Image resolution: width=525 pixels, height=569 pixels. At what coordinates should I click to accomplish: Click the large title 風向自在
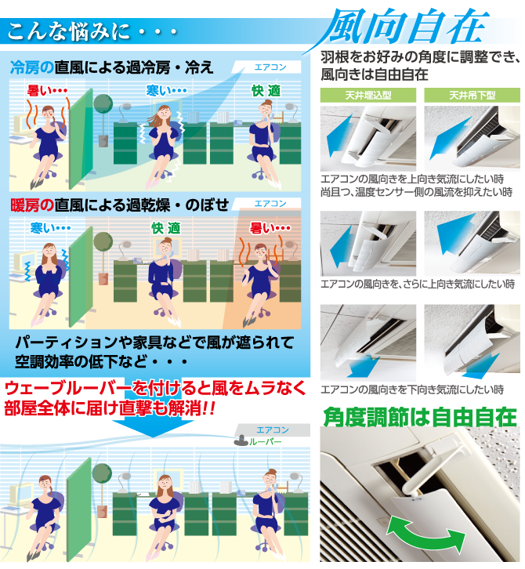(407, 29)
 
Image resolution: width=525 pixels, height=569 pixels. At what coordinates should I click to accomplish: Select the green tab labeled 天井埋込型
(367, 96)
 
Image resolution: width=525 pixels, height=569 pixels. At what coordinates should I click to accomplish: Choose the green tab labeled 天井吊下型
(472, 96)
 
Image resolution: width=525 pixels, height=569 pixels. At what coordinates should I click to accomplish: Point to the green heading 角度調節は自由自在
(420, 416)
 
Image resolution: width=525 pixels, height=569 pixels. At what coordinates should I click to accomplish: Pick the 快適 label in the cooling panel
(266, 91)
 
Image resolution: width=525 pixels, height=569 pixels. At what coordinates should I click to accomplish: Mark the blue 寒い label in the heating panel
(50, 228)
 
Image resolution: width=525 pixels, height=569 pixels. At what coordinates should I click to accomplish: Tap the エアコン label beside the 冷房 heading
(270, 67)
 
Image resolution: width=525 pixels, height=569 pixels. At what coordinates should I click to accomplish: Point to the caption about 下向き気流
(412, 390)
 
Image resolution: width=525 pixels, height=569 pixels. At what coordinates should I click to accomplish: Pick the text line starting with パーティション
(154, 342)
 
